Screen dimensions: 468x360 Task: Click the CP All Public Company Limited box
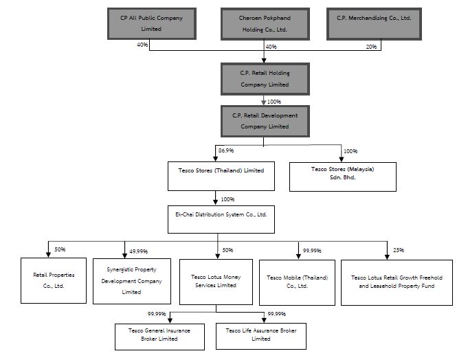pyautogui.click(x=152, y=24)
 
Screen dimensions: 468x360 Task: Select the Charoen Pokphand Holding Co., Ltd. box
pyautogui.click(x=265, y=24)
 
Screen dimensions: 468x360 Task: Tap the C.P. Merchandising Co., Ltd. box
pyautogui.click(x=374, y=24)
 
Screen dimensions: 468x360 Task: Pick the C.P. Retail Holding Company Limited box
pyautogui.click(x=265, y=79)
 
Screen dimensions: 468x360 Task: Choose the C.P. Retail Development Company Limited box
pyautogui.click(x=265, y=121)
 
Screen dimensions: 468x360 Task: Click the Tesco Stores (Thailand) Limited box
pyautogui.click(x=221, y=177)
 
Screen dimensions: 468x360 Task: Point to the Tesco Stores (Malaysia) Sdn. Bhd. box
pyautogui.click(x=343, y=177)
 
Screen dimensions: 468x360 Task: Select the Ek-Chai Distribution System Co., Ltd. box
pyautogui.click(x=221, y=219)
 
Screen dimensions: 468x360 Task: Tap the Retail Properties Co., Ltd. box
pyautogui.click(x=54, y=281)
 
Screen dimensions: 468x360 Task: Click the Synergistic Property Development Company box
pyautogui.click(x=132, y=281)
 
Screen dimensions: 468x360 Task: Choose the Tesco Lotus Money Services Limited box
pyautogui.click(x=216, y=282)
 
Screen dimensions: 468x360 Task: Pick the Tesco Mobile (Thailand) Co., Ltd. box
pyautogui.click(x=298, y=282)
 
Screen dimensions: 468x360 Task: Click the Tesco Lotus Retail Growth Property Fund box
pyautogui.click(x=397, y=282)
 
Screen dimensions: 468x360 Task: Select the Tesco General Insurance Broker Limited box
pyautogui.click(x=159, y=337)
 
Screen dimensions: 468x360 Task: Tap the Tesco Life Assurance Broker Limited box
pyautogui.click(x=261, y=336)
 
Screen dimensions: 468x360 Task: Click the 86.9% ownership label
pyautogui.click(x=226, y=150)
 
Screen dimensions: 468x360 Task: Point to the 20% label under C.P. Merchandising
pyautogui.click(x=371, y=47)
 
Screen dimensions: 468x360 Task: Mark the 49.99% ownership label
pyautogui.click(x=139, y=251)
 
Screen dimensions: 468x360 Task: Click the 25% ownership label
pyautogui.click(x=399, y=250)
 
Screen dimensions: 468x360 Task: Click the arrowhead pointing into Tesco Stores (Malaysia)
pyautogui.click(x=341, y=159)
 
